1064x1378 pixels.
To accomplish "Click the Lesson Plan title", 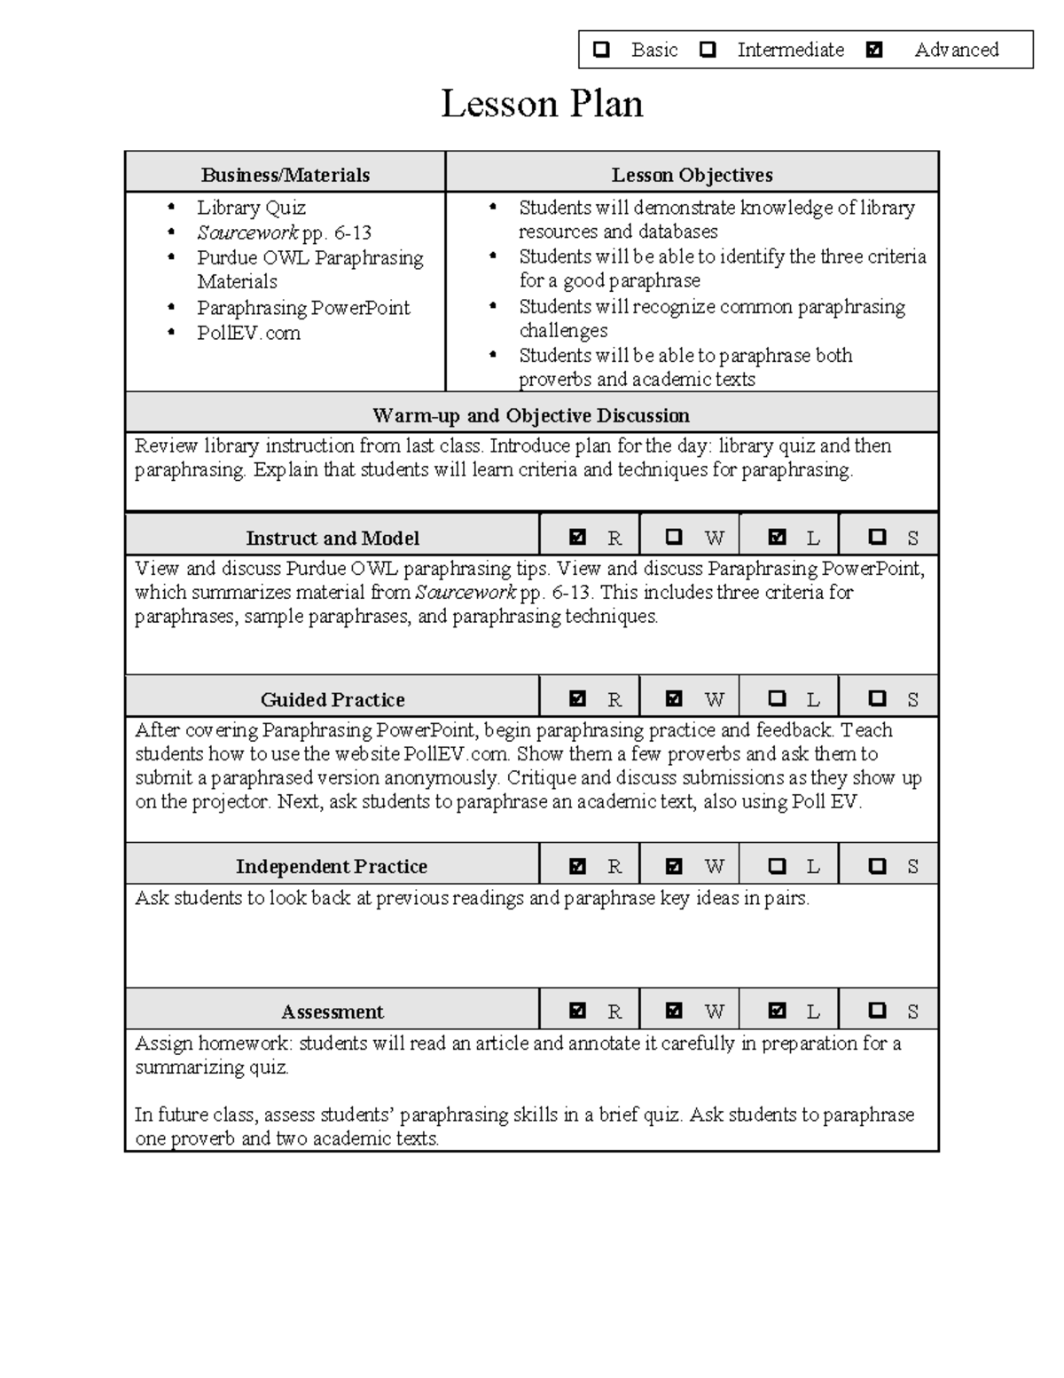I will click(542, 104).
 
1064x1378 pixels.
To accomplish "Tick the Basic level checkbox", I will click(601, 50).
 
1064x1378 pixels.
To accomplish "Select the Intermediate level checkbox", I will click(708, 50).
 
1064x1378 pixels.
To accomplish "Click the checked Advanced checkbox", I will click(874, 50).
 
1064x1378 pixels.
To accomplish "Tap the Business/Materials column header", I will click(285, 175).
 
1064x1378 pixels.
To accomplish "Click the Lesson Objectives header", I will click(692, 175).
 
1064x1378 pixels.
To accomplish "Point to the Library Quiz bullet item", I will click(251, 208).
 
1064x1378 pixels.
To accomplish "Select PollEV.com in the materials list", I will click(248, 333).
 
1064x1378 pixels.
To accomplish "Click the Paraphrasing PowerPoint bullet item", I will click(303, 308).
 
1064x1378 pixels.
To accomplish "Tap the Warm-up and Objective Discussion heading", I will click(531, 415).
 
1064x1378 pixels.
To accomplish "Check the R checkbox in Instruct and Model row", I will click(578, 537).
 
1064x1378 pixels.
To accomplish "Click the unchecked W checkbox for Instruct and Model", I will click(674, 537).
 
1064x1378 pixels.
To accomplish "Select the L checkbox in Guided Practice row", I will click(777, 698).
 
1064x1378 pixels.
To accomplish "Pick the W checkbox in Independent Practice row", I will click(674, 865).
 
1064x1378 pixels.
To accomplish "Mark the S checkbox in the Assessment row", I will click(877, 1010).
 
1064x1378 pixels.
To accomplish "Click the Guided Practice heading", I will click(332, 699).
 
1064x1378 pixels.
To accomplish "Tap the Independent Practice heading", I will click(332, 866).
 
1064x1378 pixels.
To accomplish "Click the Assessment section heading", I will click(332, 1012).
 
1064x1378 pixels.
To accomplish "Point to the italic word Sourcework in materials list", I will click(247, 233).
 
